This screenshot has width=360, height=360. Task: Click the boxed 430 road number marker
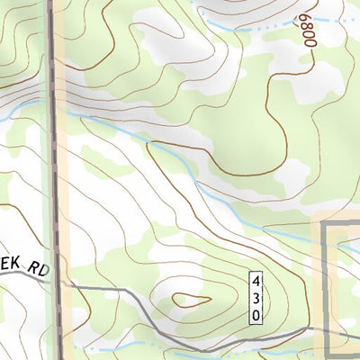click(256, 295)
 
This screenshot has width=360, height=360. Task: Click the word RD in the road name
click(36, 268)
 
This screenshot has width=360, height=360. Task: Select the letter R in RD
click(31, 267)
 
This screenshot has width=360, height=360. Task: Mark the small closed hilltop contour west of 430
click(187, 299)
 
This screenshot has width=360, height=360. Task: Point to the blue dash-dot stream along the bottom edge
click(135, 346)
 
